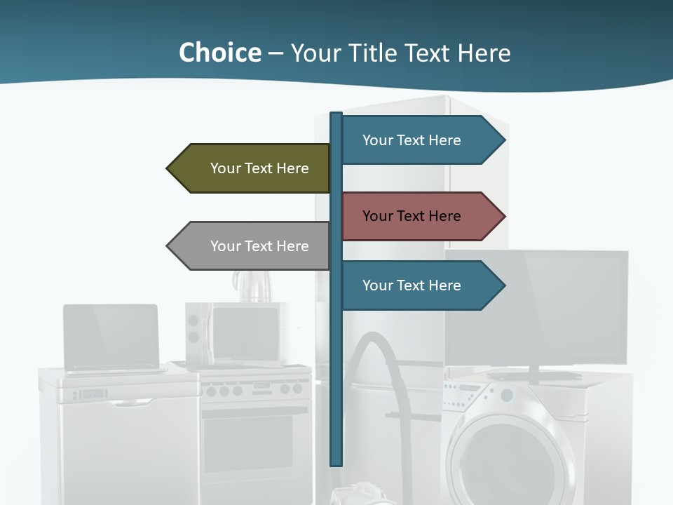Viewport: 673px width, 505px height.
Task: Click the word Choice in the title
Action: click(219, 53)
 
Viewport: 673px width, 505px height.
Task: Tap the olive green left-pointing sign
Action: click(249, 168)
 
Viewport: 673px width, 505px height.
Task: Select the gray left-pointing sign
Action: click(249, 246)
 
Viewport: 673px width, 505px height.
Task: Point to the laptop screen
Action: click(111, 335)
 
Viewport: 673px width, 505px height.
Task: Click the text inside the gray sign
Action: click(259, 246)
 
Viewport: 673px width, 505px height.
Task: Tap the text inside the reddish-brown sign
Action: click(412, 216)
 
